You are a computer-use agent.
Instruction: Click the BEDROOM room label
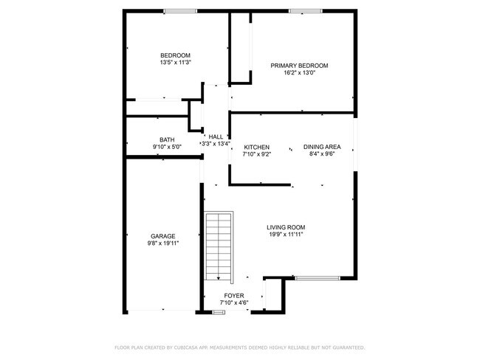click(x=176, y=55)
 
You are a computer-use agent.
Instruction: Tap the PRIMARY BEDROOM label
click(x=299, y=66)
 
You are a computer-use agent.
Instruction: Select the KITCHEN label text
click(x=257, y=147)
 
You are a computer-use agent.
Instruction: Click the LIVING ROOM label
click(x=286, y=227)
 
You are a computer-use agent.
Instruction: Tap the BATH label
click(x=167, y=139)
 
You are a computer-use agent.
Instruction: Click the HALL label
click(x=216, y=136)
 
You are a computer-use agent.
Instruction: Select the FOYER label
click(x=235, y=295)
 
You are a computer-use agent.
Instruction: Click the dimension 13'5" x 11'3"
click(x=176, y=63)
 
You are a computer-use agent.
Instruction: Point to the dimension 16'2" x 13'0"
click(x=299, y=73)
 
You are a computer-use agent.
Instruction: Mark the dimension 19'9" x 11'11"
click(x=286, y=235)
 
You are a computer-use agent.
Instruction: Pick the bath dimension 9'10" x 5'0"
click(x=167, y=147)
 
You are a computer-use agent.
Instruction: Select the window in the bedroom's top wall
click(x=180, y=10)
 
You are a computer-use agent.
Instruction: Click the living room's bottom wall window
click(x=317, y=278)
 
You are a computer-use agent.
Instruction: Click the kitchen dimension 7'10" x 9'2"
click(x=257, y=154)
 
